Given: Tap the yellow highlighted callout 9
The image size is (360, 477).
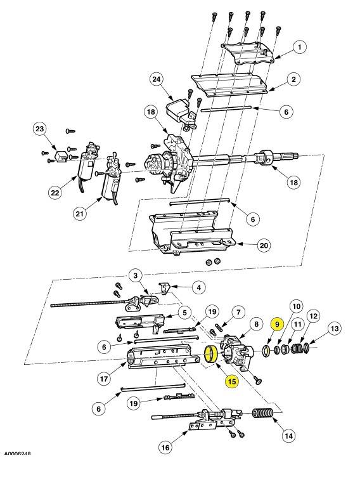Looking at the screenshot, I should coord(276,323).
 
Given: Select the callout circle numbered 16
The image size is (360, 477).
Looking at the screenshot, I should coord(165,448).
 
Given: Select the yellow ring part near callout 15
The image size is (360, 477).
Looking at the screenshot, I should coord(211,355).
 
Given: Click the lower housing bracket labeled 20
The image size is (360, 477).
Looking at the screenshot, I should coord(190,238).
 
